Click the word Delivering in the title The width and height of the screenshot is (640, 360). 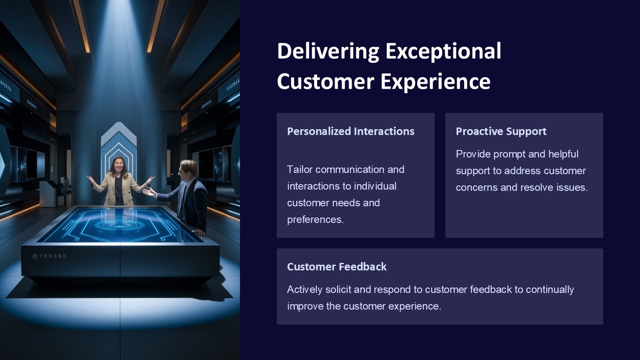click(328, 51)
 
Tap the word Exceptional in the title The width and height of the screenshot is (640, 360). click(443, 51)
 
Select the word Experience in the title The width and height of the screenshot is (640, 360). click(435, 82)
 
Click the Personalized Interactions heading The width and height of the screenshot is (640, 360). click(350, 131)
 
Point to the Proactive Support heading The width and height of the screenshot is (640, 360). click(501, 131)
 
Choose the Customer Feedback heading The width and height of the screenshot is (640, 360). click(337, 267)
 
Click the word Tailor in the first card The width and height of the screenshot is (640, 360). click(300, 170)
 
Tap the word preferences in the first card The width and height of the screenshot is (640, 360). click(315, 220)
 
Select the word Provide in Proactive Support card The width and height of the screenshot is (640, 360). click(473, 154)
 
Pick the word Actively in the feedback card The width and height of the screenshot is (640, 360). click(305, 290)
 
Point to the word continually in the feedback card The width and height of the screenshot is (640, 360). click(550, 290)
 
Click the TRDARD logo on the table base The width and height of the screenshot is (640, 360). click(49, 256)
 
